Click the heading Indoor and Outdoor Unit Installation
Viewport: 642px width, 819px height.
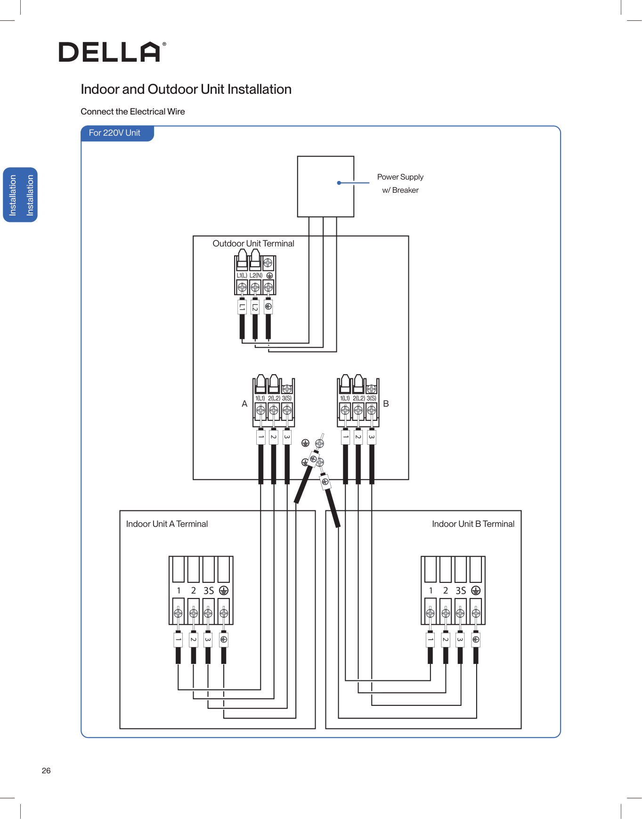pos(186,90)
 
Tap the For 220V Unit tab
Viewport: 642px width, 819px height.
pos(115,133)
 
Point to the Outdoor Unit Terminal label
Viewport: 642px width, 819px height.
pos(253,244)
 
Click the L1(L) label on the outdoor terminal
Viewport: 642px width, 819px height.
pos(242,275)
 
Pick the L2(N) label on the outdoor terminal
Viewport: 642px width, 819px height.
pos(256,275)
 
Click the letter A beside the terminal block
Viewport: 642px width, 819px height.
pos(244,404)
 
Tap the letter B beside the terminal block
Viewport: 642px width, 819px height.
pos(386,404)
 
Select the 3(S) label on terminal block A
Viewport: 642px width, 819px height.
pos(286,398)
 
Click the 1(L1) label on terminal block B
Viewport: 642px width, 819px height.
pos(345,398)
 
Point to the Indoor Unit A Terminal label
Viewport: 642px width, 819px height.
pos(167,524)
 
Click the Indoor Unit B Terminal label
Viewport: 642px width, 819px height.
pos(473,524)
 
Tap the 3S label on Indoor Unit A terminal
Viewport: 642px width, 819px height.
pos(209,590)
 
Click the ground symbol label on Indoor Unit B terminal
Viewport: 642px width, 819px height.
pos(476,590)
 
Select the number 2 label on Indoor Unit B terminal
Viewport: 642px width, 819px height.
pos(446,590)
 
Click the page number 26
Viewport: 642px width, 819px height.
pos(46,771)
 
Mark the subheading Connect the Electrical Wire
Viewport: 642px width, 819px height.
pos(133,112)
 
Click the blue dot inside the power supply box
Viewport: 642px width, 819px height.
pos(339,183)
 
